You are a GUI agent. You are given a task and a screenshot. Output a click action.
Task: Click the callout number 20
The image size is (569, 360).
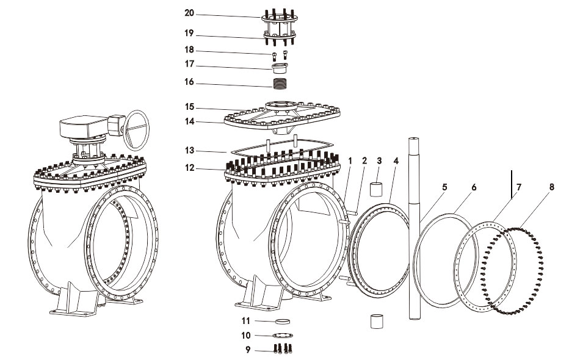[x=189, y=13]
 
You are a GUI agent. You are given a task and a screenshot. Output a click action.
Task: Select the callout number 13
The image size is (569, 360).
[x=189, y=150]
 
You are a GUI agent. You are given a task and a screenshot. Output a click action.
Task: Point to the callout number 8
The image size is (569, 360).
[x=552, y=187]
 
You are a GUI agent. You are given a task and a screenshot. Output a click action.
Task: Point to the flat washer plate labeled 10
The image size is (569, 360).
[x=281, y=335]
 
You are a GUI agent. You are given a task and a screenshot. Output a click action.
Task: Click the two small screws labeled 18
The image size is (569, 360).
[x=280, y=54]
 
